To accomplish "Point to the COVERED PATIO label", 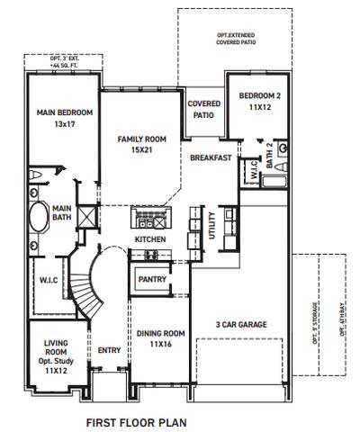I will pyautogui.click(x=204, y=110).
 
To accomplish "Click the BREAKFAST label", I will pyautogui.click(x=211, y=158).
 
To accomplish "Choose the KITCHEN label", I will pyautogui.click(x=148, y=240).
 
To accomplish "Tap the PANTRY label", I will pyautogui.click(x=150, y=281).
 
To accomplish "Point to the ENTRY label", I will pyautogui.click(x=109, y=351).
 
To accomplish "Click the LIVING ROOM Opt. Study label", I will pyautogui.click(x=57, y=355).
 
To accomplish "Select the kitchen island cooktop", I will pyautogui.click(x=150, y=219).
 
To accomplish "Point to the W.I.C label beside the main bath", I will pyautogui.click(x=48, y=279).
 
